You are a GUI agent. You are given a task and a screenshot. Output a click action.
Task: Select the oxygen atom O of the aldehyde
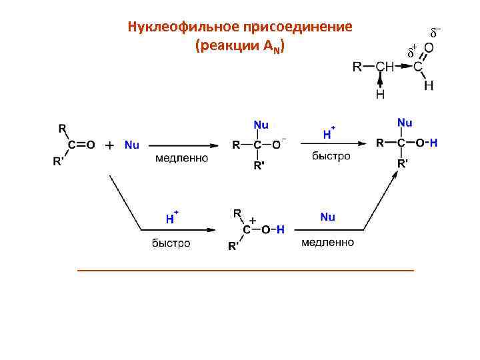coord(429,49)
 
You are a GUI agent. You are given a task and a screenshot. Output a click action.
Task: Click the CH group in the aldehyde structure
coord(385,67)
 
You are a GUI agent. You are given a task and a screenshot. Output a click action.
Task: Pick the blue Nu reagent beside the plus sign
coord(131,145)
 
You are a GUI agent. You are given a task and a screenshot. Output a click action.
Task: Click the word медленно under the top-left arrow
coord(181,159)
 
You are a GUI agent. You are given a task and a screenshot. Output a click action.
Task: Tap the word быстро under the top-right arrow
coord(331,156)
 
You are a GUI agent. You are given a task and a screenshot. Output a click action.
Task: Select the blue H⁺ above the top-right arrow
coord(328,133)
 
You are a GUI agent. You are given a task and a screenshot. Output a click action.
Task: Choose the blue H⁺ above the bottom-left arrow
coord(171,217)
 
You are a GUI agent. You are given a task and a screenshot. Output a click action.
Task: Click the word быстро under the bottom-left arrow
coord(171,243)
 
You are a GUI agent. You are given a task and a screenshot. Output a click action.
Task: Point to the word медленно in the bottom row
coord(327,243)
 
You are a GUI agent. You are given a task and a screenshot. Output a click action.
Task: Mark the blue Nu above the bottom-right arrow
coord(327,217)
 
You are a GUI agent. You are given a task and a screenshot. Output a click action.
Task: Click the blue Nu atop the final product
coord(404,123)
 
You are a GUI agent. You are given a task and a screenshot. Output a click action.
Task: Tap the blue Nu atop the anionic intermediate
coord(261,124)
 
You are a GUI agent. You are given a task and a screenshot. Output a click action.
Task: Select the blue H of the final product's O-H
coord(433,143)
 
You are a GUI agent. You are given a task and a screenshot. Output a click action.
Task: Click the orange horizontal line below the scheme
coord(245,270)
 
